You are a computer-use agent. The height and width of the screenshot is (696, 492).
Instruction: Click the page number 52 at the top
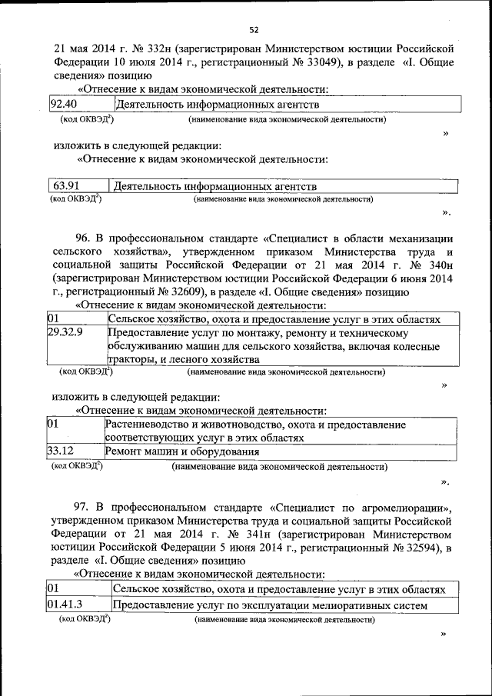pos(253,30)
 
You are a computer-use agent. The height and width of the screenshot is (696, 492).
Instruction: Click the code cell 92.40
pos(64,104)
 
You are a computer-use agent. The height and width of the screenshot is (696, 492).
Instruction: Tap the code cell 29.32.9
pos(65,333)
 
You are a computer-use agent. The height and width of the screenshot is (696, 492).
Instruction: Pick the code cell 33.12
pos(61,451)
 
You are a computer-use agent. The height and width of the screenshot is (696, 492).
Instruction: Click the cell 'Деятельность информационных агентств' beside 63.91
pos(214,186)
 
